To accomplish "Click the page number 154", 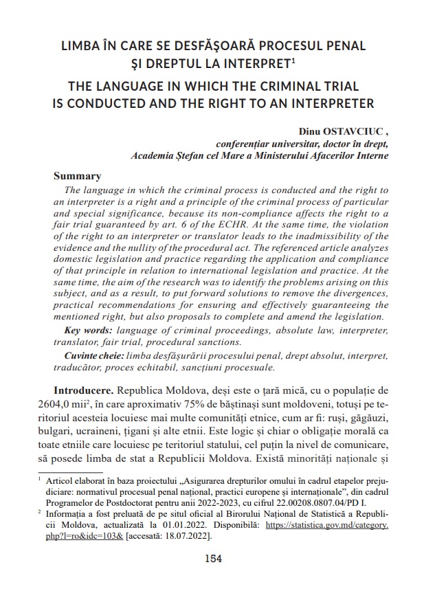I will [x=213, y=558].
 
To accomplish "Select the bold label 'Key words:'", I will [x=86, y=331].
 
